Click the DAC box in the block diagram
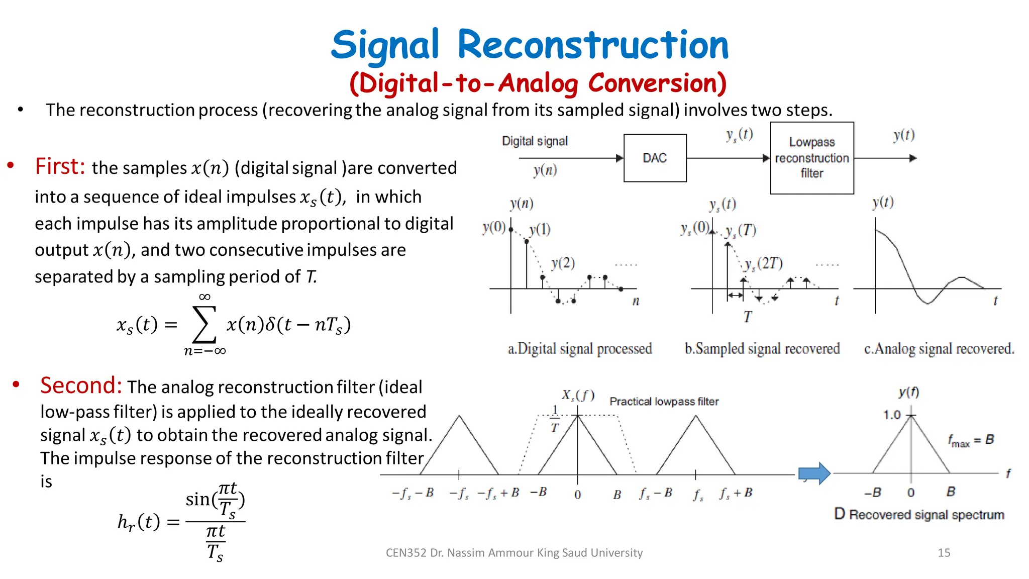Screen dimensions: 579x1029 pyautogui.click(x=655, y=158)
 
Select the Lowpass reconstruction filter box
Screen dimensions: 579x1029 pyautogui.click(x=811, y=158)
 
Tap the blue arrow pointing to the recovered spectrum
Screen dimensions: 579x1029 pyautogui.click(x=814, y=473)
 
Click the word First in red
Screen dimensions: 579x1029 pyautogui.click(x=60, y=166)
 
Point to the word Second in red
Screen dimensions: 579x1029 pyautogui.click(x=81, y=385)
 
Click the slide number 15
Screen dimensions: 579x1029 pyautogui.click(x=944, y=553)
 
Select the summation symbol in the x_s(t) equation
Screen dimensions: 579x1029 pyautogui.click(x=204, y=324)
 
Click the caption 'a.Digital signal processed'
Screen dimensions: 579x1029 pyautogui.click(x=580, y=348)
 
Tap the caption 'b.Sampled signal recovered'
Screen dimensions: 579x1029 pyautogui.click(x=762, y=348)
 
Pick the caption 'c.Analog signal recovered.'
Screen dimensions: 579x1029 pyautogui.click(x=939, y=348)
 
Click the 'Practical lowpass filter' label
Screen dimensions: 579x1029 pyautogui.click(x=664, y=402)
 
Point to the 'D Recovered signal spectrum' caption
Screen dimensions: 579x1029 pyautogui.click(x=919, y=514)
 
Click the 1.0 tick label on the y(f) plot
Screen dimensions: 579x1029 pyautogui.click(x=892, y=415)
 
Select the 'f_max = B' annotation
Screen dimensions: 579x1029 pyautogui.click(x=971, y=440)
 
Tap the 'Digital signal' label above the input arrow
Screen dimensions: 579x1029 pyautogui.click(x=535, y=141)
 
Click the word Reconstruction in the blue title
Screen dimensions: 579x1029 pyautogui.click(x=593, y=45)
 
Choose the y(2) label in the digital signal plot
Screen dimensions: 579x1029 pyautogui.click(x=563, y=263)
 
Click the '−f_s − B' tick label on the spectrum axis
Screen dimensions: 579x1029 pyautogui.click(x=413, y=493)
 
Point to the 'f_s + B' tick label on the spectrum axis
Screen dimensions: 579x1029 pyautogui.click(x=736, y=493)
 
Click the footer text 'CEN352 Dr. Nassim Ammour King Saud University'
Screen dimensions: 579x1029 pyautogui.click(x=514, y=553)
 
